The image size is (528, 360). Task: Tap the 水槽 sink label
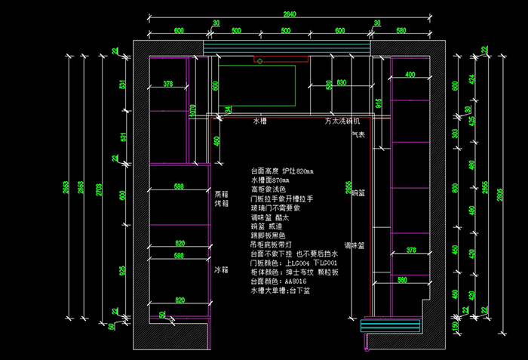pyautogui.click(x=259, y=121)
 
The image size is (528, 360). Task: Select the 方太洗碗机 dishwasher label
pyautogui.click(x=342, y=121)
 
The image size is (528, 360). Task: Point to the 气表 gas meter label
pyautogui.click(x=358, y=135)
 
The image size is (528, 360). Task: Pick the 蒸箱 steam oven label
pyautogui.click(x=220, y=193)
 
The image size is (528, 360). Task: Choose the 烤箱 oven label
pyautogui.click(x=220, y=203)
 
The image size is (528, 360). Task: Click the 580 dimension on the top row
pyautogui.click(x=401, y=30)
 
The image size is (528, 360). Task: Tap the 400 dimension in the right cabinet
pyautogui.click(x=410, y=75)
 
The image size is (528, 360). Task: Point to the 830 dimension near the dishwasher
pyautogui.click(x=341, y=83)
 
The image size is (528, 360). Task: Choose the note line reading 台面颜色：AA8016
pyautogui.click(x=275, y=280)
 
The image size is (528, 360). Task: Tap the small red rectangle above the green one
pyautogui.click(x=259, y=59)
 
